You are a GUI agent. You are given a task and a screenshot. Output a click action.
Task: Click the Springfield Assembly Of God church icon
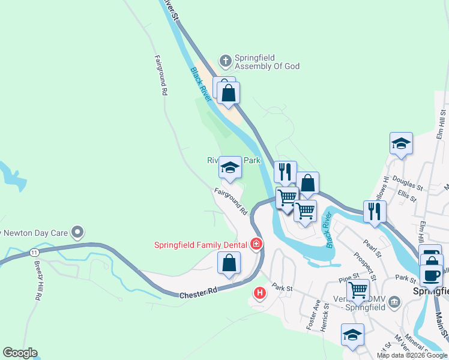coord(225,61)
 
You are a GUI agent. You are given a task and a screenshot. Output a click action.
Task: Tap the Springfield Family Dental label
coord(200,245)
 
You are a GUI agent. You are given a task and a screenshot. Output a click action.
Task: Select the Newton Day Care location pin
coord(77,232)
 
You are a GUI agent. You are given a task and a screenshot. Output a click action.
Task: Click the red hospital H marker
coord(259,293)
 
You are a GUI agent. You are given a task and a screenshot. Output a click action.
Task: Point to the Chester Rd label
coord(199,293)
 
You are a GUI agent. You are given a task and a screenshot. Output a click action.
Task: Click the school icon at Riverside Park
coord(229,168)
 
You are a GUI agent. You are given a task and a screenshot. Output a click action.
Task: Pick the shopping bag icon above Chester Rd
coord(229,263)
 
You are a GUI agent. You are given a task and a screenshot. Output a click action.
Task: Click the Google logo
coord(20,353)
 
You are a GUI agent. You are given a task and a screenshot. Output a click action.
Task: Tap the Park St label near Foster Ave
coord(282,288)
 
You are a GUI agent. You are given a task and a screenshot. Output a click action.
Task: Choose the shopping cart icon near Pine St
coord(358,290)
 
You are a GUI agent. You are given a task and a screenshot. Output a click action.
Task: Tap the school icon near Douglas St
coord(401,144)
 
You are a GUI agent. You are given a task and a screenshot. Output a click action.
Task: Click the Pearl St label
coord(372,247)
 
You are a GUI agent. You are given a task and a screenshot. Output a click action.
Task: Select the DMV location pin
coord(394,301)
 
